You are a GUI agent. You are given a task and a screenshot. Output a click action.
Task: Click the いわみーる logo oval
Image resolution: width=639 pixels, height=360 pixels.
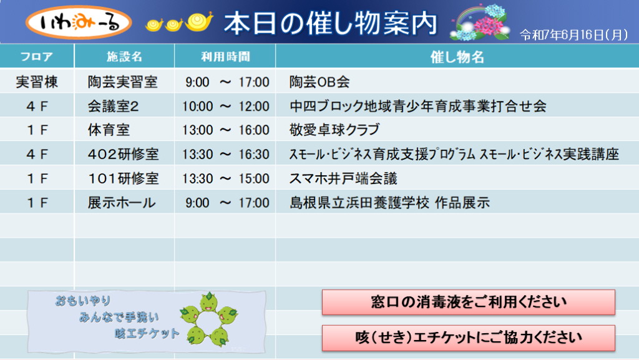79,22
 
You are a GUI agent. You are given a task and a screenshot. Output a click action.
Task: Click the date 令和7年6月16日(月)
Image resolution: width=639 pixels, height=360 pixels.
574,35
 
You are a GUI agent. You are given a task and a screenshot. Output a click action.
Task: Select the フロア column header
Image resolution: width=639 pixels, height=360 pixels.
37,56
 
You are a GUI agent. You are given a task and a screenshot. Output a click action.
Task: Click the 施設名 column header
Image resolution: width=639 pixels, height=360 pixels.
124,56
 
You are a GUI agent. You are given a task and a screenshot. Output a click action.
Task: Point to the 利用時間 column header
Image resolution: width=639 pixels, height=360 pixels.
225,56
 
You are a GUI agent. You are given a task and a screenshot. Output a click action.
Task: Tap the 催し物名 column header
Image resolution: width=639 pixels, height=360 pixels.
457,57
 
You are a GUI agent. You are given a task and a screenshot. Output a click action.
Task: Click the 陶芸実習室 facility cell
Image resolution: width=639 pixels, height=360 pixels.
123,82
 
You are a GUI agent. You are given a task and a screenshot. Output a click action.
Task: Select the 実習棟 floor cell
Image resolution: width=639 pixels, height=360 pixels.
37,82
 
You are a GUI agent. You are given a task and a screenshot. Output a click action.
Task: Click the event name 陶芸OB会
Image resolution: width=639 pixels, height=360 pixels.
319,82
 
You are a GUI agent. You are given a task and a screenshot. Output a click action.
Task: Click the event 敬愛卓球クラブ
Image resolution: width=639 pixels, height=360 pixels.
334,130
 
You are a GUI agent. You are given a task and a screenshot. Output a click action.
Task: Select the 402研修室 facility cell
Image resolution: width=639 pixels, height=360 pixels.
123,154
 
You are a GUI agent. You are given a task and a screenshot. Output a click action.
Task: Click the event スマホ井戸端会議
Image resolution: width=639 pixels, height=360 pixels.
343,178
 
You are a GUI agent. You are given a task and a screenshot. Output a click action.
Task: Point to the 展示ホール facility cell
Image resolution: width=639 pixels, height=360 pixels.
122,202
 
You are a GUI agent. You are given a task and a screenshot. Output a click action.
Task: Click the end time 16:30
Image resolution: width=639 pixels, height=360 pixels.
254,154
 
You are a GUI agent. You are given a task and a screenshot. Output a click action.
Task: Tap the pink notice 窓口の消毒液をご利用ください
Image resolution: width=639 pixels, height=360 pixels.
468,302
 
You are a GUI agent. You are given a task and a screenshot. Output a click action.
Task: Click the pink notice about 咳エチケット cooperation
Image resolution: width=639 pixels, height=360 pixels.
468,338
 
